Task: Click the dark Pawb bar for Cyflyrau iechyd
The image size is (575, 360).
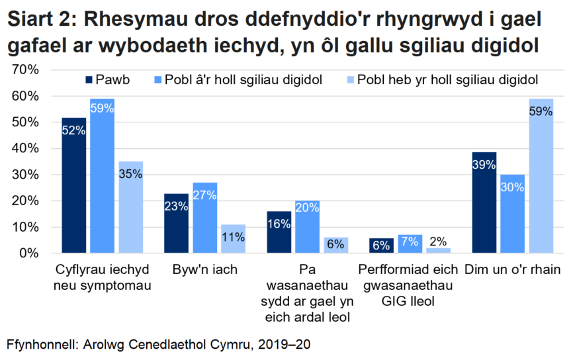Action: pos(73,185)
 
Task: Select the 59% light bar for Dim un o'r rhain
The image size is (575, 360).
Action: pos(541,176)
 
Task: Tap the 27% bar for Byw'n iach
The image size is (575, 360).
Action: pos(204,218)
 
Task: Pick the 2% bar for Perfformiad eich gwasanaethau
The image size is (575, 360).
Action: pos(437,250)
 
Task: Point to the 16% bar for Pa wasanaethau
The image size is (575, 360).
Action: pos(279,232)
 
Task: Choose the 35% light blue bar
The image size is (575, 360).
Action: pos(131,207)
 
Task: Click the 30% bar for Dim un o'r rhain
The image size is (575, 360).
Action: pos(512,214)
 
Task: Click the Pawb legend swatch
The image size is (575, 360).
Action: pos(89,81)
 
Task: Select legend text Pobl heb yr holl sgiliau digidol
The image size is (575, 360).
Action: pos(447,81)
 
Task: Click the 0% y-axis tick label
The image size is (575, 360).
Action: pos(30,253)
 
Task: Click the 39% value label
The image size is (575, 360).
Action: pos(484,165)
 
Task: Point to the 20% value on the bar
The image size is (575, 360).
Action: pos(307,207)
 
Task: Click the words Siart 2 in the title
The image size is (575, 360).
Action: pos(41,20)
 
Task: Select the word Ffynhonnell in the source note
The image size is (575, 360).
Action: pos(42,345)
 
